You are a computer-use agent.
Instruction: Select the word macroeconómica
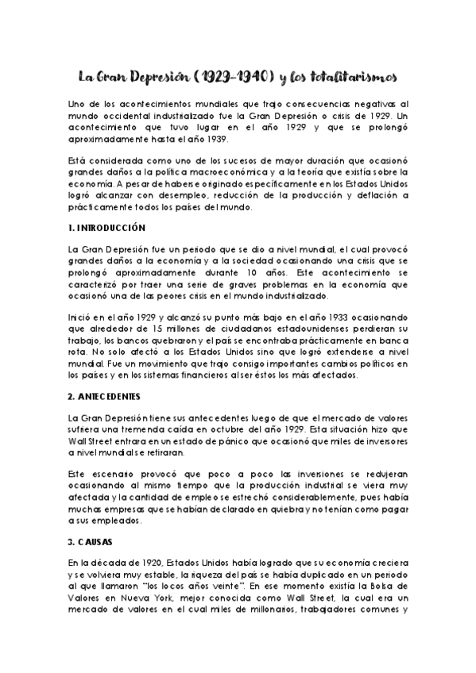click(x=250, y=171)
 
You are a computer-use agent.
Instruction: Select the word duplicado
click(x=313, y=574)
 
